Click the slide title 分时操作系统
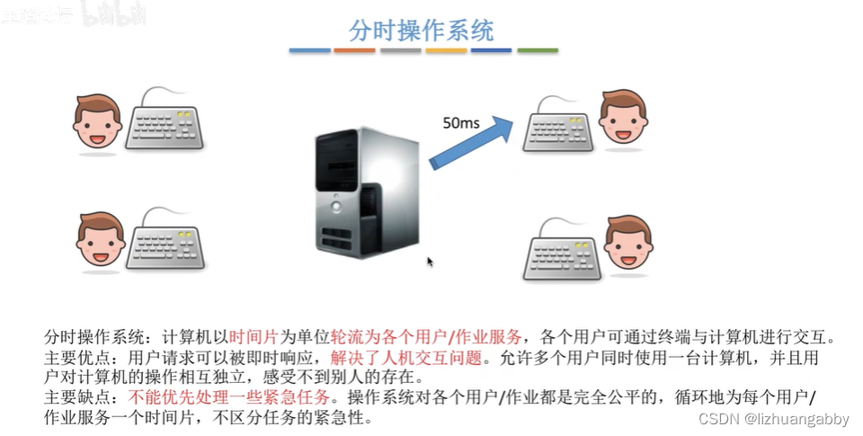pyautogui.click(x=422, y=30)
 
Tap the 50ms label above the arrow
pyautogui.click(x=460, y=121)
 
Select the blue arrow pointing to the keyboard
pyautogui.click(x=472, y=139)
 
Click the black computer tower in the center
pyautogui.click(x=365, y=191)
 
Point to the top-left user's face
pyautogui.click(x=97, y=122)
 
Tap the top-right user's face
pyautogui.click(x=622, y=117)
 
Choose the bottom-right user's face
pyautogui.click(x=627, y=242)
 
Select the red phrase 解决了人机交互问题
pyautogui.click(x=400, y=358)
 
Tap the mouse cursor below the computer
pyautogui.click(x=430, y=262)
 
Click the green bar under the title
pyautogui.click(x=538, y=50)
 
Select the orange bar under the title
pyautogui.click(x=354, y=50)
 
